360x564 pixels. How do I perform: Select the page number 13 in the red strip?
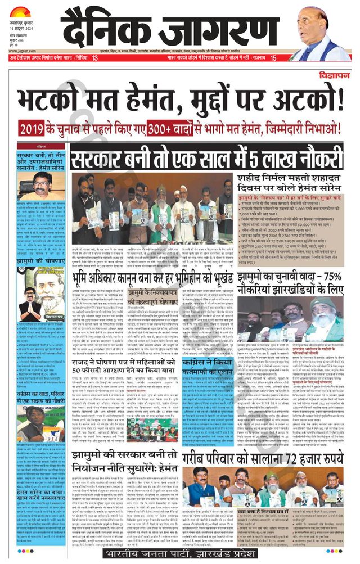pyautogui.click(x=94, y=58)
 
